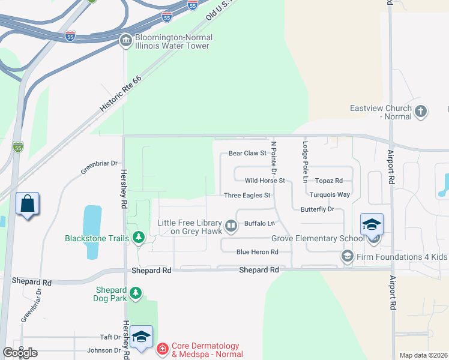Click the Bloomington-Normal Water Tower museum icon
click(x=126, y=41)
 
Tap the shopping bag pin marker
click(x=28, y=204)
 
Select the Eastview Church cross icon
click(x=421, y=111)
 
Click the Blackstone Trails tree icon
click(x=139, y=238)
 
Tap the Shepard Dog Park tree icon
click(x=137, y=293)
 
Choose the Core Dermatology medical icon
click(x=162, y=349)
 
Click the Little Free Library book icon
click(x=231, y=226)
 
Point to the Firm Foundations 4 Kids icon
click(x=346, y=257)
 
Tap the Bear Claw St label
click(x=247, y=153)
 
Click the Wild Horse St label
click(x=264, y=180)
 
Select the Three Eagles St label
click(x=247, y=195)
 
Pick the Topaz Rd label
click(x=329, y=180)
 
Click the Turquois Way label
click(x=330, y=194)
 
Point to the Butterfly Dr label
click(x=317, y=209)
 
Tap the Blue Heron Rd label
click(x=257, y=252)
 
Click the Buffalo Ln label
click(x=259, y=223)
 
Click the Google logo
click(x=20, y=353)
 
